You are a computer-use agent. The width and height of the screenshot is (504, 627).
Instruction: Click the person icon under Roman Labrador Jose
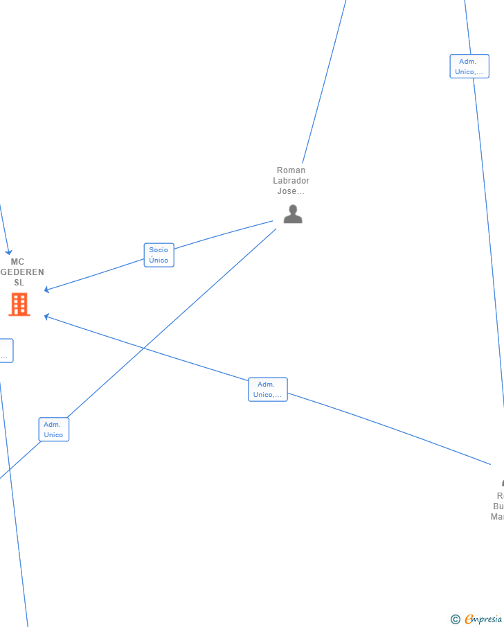(x=293, y=214)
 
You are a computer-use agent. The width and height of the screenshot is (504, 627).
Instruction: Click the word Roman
(x=291, y=170)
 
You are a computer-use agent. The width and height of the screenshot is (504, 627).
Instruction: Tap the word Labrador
(x=291, y=181)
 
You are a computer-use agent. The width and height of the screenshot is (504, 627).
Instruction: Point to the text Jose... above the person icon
(x=291, y=191)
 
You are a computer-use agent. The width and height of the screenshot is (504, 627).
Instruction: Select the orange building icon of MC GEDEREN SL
(x=19, y=304)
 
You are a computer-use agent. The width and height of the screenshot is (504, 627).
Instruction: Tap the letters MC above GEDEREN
(x=17, y=262)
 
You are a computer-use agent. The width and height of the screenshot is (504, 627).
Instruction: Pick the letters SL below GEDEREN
(x=19, y=283)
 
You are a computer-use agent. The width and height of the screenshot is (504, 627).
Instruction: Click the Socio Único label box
(x=159, y=255)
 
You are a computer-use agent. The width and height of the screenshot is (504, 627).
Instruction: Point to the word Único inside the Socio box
(x=159, y=260)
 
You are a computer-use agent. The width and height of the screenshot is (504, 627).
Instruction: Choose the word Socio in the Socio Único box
(x=159, y=250)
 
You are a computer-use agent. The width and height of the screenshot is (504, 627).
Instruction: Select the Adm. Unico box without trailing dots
(x=53, y=430)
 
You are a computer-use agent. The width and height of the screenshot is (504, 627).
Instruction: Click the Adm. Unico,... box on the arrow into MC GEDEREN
(x=267, y=389)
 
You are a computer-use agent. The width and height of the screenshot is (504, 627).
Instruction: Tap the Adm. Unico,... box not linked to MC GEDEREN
(x=469, y=67)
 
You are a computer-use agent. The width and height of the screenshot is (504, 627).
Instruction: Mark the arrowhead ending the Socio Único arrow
(x=46, y=290)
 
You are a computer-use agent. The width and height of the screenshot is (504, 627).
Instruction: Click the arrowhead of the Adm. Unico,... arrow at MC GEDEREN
(x=46, y=317)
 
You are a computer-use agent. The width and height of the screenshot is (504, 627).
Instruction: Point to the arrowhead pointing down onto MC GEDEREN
(x=9, y=252)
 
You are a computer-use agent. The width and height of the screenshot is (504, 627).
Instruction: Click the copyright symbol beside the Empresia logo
(x=455, y=619)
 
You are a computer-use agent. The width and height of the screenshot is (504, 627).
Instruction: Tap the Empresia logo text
(x=484, y=619)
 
